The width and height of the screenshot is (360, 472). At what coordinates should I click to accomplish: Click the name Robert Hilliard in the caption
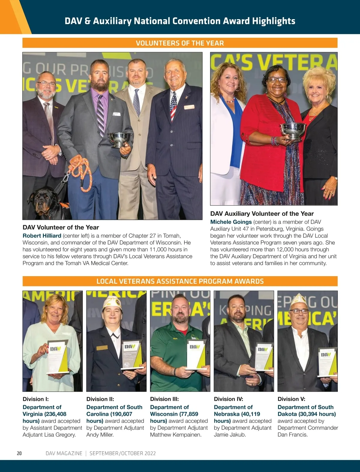click(42, 236)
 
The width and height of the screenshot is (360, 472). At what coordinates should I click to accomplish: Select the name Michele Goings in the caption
click(231, 222)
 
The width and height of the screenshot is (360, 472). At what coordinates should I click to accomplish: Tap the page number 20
click(19, 453)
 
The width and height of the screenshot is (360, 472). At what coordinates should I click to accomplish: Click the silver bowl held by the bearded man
click(119, 140)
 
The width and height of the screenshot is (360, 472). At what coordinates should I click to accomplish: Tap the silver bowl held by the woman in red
click(293, 131)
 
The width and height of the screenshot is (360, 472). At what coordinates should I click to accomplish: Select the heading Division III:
click(164, 399)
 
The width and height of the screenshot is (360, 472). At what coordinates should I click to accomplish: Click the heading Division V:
click(291, 399)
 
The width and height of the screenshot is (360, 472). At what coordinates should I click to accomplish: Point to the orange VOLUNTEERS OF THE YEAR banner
click(180, 43)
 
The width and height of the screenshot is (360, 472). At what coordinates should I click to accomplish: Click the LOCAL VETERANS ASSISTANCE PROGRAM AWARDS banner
click(180, 281)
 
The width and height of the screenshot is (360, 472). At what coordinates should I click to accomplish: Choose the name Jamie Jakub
click(230, 435)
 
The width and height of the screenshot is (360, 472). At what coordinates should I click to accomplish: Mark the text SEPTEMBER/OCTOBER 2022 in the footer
click(122, 453)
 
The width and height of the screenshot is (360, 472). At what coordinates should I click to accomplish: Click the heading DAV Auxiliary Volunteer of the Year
click(262, 214)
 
